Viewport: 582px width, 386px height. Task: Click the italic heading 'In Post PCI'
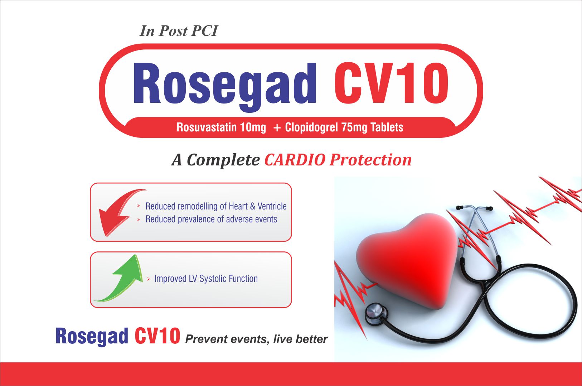tap(179, 31)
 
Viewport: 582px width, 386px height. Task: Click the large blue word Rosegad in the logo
tap(224, 86)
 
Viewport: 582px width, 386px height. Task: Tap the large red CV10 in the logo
tap(391, 83)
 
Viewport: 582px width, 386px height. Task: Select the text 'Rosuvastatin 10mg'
tap(221, 127)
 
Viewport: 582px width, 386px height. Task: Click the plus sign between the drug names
tap(277, 128)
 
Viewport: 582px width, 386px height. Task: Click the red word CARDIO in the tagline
tap(295, 160)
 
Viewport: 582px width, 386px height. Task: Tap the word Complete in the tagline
tap(223, 160)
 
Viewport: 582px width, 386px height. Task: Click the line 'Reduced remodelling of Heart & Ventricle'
tap(216, 206)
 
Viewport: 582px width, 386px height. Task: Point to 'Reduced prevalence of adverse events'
tap(211, 219)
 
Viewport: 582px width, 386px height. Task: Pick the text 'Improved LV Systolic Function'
tap(206, 279)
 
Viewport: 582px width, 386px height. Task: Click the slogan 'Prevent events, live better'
tap(256, 339)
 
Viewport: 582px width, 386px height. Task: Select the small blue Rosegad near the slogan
tap(92, 337)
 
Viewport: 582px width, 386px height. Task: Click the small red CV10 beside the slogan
tap(157, 336)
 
